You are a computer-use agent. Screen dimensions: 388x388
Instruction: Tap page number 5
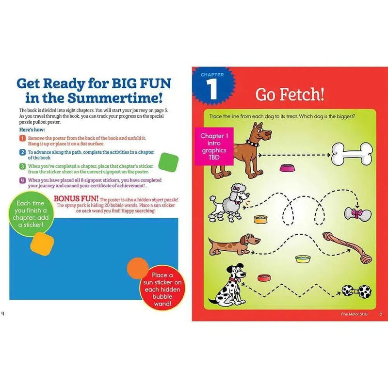tap(381, 314)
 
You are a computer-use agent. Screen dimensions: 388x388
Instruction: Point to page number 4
tap(3, 313)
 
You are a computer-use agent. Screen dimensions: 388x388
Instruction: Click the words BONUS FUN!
tap(76, 199)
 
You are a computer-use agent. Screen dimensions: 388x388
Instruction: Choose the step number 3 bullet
tap(22, 166)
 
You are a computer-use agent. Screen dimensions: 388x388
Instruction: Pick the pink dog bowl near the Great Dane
tap(286, 167)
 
